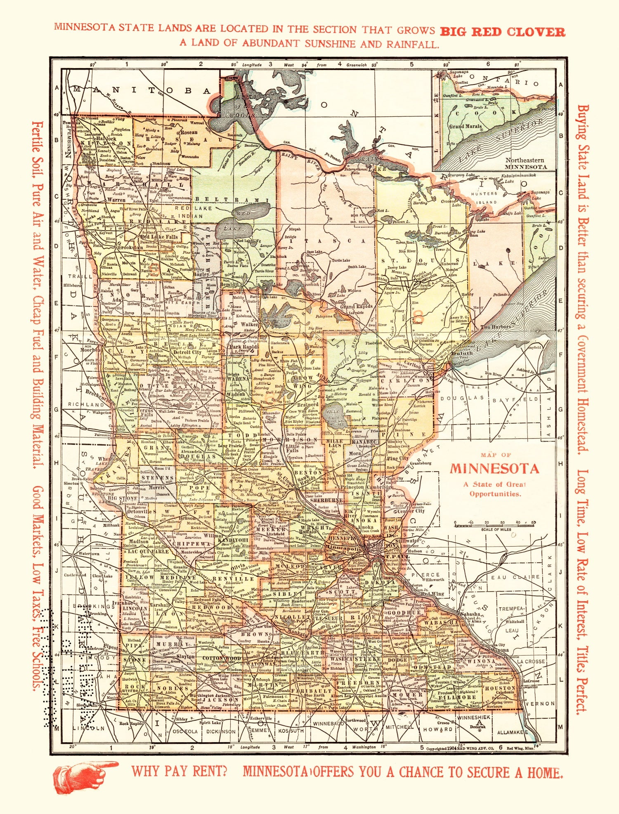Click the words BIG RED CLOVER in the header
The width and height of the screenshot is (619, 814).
pos(502,32)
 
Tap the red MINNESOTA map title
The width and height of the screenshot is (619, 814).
pos(494,469)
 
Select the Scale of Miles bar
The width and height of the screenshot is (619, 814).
pos(494,525)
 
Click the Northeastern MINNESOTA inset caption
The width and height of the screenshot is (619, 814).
pos(526,163)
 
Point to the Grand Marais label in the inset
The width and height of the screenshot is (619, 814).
pos(465,127)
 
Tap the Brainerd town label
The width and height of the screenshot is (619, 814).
pos(307,405)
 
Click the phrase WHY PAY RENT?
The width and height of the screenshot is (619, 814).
pos(179,771)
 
